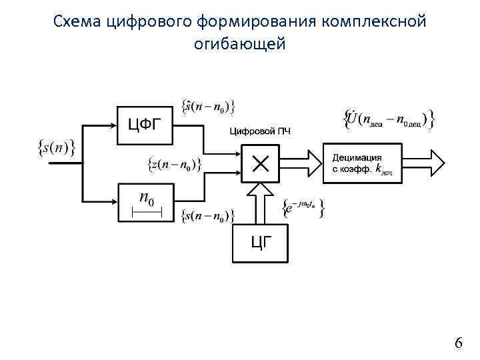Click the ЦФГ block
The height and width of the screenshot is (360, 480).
click(143, 125)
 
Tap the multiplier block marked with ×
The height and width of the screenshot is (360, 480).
click(260, 162)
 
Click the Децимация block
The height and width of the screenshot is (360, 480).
click(363, 162)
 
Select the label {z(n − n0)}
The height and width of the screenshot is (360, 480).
click(173, 164)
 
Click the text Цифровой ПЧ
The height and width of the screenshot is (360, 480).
click(260, 131)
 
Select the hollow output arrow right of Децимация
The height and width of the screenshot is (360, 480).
click(423, 162)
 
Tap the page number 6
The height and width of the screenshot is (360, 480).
click(458, 343)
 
